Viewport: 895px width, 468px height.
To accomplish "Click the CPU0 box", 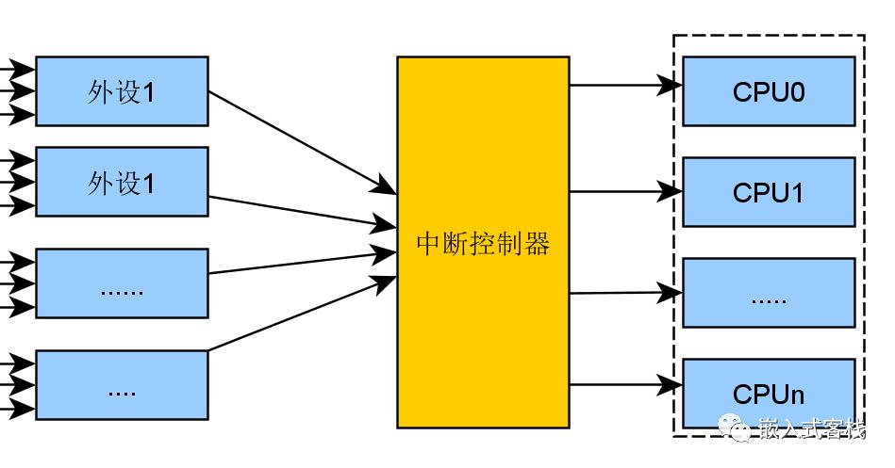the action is pyautogui.click(x=769, y=91).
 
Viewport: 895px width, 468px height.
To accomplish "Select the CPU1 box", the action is pyautogui.click(x=769, y=192).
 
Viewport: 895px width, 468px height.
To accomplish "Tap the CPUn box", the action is pyautogui.click(x=769, y=394).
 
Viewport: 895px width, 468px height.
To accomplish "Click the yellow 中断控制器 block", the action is pyautogui.click(x=483, y=242).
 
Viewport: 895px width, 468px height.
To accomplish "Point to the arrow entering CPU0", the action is pyautogui.click(x=626, y=86).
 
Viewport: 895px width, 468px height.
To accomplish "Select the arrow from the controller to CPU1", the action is pyautogui.click(x=626, y=191).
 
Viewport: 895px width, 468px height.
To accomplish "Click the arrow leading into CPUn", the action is pyautogui.click(x=626, y=385).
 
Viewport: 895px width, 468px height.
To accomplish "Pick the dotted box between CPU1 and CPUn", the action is pyautogui.click(x=769, y=293).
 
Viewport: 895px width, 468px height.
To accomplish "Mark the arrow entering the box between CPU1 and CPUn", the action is pyautogui.click(x=626, y=293).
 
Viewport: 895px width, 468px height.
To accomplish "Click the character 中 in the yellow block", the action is pyautogui.click(x=429, y=243).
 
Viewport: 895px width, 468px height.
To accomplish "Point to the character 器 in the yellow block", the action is pyautogui.click(x=538, y=243).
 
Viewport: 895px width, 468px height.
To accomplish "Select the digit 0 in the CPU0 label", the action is pyautogui.click(x=798, y=91).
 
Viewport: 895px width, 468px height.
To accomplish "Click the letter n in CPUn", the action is pyautogui.click(x=797, y=395).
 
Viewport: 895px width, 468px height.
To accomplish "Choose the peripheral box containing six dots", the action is pyautogui.click(x=123, y=283).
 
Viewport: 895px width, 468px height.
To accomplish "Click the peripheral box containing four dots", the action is pyautogui.click(x=123, y=385).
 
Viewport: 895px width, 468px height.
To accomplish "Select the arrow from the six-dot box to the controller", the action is pyautogui.click(x=303, y=262).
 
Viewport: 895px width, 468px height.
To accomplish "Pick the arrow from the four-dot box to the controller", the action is pyautogui.click(x=303, y=314).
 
